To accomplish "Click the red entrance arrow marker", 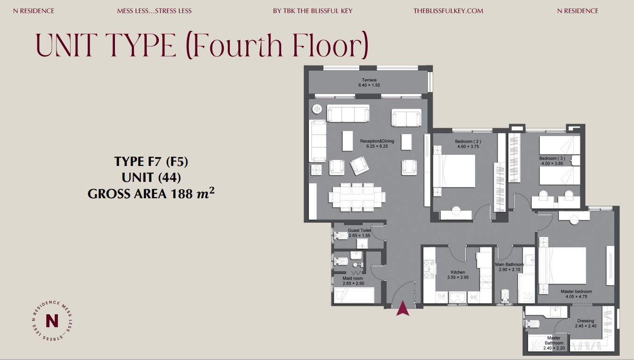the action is click(x=403, y=309).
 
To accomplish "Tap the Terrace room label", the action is click(x=369, y=80).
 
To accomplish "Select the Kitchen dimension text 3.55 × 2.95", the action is click(x=458, y=277).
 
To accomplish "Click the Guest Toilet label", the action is click(x=359, y=230).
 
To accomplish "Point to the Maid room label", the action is click(x=353, y=278).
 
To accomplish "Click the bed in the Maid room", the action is click(x=354, y=295).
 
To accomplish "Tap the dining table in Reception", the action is click(x=357, y=197).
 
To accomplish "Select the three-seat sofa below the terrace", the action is click(x=348, y=113).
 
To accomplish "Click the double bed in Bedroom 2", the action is click(x=454, y=171).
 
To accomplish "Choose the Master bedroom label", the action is click(x=576, y=291).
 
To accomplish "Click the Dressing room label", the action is click(x=585, y=321).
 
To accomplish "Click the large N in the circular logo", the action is click(x=52, y=321).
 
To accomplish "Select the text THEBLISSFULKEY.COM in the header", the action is click(x=449, y=11).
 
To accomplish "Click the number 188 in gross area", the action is click(x=181, y=194).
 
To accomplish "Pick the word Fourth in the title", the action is click(x=238, y=45).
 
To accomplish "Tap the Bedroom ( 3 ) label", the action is click(x=552, y=158).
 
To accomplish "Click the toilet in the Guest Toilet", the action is click(x=341, y=236).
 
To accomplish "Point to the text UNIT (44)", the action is click(x=151, y=178).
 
